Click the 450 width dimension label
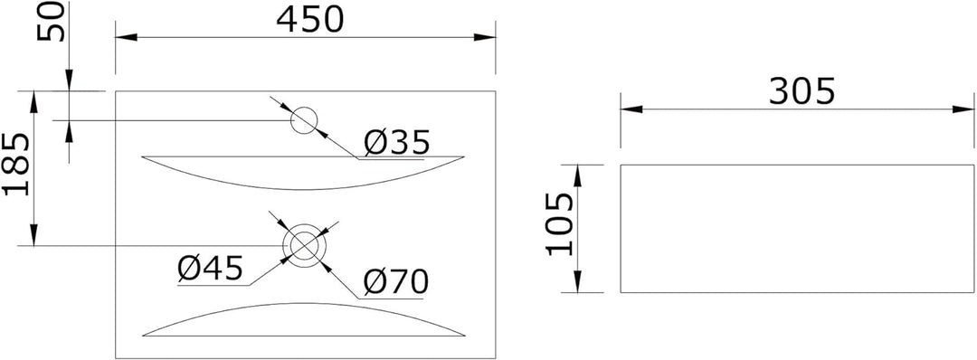tap(309, 20)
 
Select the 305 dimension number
tap(802, 93)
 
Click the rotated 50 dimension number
tap(51, 21)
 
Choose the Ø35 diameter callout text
tap(397, 143)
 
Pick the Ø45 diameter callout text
tap(209, 269)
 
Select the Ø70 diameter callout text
tap(396, 283)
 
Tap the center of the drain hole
tap(304, 244)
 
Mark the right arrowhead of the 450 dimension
tap(485, 37)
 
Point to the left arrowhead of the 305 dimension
tap(631, 109)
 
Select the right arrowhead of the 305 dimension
tap(963, 109)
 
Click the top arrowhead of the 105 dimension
tap(577, 175)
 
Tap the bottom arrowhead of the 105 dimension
tap(577, 281)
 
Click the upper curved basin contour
tap(303, 189)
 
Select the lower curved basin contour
tap(303, 303)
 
